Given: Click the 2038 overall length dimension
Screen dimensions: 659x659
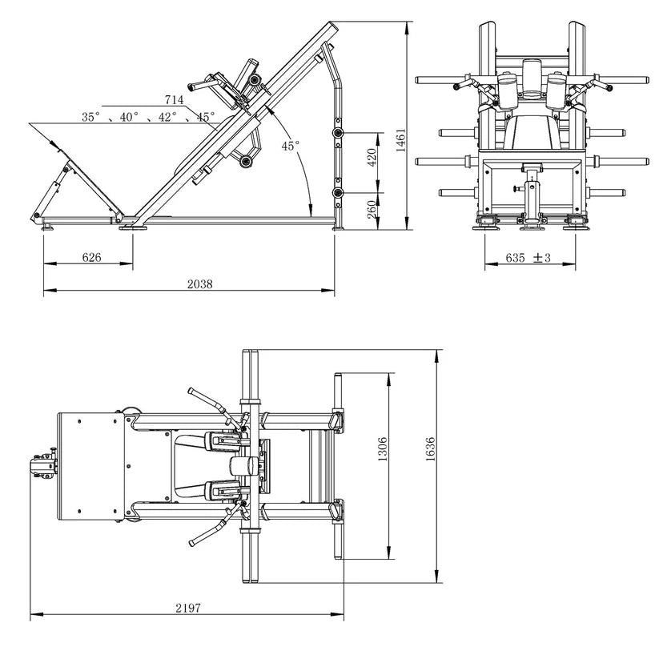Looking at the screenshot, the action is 200,284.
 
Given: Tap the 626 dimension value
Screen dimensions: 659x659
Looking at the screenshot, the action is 91,257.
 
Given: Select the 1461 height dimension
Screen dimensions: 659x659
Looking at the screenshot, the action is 400,140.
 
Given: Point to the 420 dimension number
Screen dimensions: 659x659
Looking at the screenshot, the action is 372,157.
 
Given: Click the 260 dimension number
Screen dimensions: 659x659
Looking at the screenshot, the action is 372,209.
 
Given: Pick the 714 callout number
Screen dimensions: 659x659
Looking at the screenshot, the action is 174,99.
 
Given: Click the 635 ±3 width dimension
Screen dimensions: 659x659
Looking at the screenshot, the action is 528,258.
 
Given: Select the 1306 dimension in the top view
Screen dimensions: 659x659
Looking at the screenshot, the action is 383,449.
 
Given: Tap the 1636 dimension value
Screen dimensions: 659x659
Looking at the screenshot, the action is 430,449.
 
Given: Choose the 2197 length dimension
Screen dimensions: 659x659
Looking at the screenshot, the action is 188,608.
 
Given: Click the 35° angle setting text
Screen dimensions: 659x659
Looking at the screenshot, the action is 91,117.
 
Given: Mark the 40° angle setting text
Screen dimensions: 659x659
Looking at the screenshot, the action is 129,117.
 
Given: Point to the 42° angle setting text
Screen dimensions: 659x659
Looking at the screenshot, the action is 167,117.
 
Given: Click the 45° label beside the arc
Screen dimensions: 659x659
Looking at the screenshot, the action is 291,146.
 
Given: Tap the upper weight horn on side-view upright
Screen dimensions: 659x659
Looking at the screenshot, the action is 338,134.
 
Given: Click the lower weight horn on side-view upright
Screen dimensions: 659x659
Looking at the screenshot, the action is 338,193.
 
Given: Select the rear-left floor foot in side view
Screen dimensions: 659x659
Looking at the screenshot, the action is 46,227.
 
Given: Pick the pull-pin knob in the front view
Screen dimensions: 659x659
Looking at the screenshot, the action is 516,189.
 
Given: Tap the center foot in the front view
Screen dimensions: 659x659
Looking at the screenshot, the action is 532,227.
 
